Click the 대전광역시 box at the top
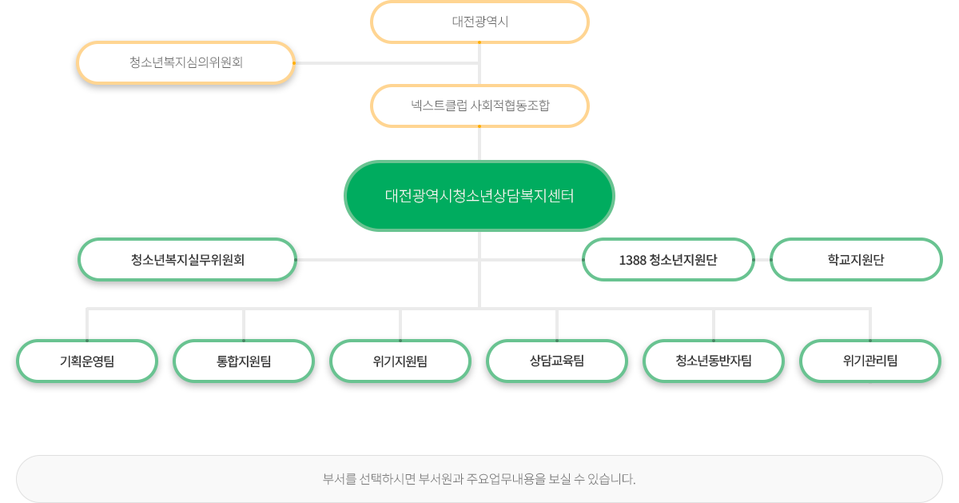click(x=479, y=22)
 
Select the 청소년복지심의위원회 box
click(x=185, y=62)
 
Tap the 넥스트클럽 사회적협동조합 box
click(x=479, y=106)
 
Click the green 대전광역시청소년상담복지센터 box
click(x=479, y=196)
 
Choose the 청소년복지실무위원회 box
click(x=187, y=259)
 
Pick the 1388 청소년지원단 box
click(x=668, y=259)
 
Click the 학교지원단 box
click(x=856, y=259)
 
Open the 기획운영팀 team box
click(x=87, y=361)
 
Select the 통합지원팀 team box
click(x=244, y=361)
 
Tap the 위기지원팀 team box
click(x=400, y=361)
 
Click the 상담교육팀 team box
click(x=557, y=361)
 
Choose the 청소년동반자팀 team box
click(x=714, y=361)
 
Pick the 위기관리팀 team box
click(x=870, y=361)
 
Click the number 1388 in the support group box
click(x=632, y=260)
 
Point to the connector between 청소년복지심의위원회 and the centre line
click(x=387, y=62)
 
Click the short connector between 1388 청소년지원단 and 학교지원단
click(x=762, y=259)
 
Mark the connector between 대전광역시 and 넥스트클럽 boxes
click(x=479, y=64)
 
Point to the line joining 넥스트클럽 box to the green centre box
click(x=479, y=144)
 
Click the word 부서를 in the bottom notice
click(x=338, y=480)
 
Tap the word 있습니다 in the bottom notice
click(x=610, y=480)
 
